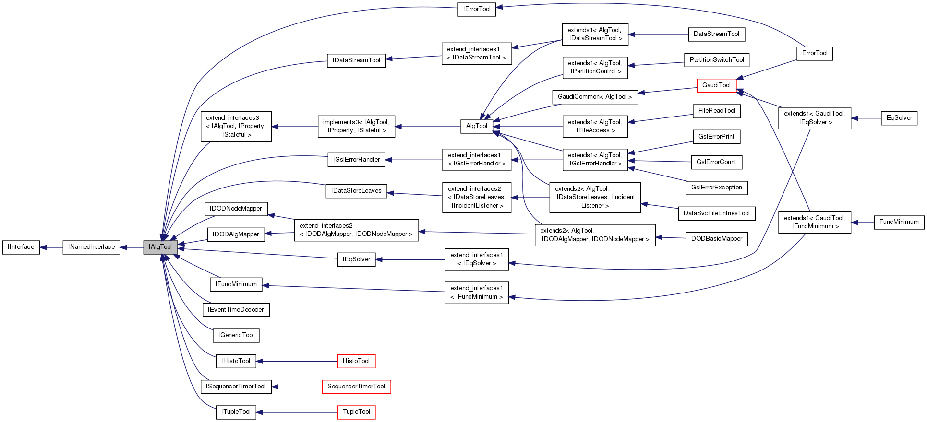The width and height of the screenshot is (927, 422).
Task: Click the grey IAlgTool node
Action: (160, 247)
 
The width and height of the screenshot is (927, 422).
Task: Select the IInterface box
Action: (21, 247)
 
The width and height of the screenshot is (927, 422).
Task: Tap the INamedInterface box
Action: (91, 247)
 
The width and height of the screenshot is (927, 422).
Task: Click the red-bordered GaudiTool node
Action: (716, 85)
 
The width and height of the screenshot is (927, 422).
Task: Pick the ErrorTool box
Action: (815, 53)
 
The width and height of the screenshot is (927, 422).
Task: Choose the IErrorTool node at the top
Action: (476, 9)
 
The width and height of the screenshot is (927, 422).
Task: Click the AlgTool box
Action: (476, 126)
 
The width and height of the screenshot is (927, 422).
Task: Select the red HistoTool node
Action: (356, 361)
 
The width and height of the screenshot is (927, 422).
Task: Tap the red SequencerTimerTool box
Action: (356, 387)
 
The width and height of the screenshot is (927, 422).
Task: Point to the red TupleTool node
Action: (356, 412)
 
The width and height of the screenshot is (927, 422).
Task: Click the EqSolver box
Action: (899, 118)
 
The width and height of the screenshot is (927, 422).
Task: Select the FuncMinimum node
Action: (899, 222)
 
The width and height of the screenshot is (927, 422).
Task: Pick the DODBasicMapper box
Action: (716, 239)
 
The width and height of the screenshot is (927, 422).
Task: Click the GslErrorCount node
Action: (716, 162)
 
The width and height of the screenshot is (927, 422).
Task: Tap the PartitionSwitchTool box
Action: (716, 60)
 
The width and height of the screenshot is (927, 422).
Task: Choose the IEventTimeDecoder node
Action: (236, 310)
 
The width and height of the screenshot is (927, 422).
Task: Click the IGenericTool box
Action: (236, 335)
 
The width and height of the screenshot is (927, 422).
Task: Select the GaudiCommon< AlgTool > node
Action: (595, 97)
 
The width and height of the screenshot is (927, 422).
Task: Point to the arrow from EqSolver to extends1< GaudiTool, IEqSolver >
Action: (866, 118)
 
